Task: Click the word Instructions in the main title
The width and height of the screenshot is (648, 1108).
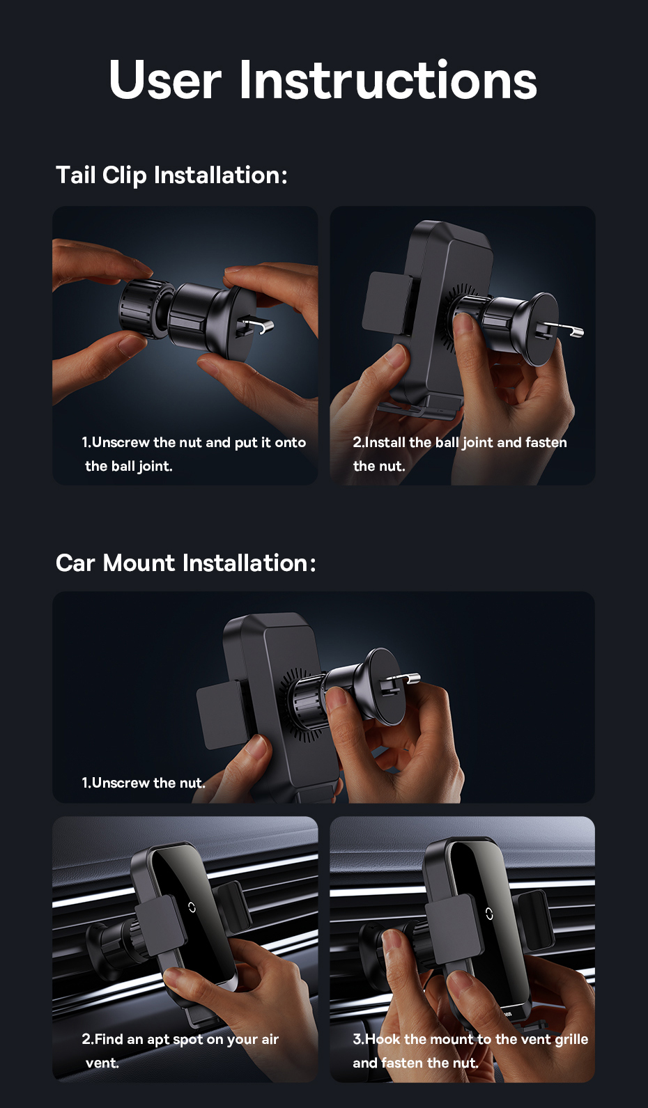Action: click(388, 79)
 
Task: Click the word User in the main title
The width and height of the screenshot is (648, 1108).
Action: click(165, 79)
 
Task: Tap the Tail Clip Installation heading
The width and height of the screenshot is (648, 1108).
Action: click(171, 175)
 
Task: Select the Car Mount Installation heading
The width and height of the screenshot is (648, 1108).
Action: click(185, 563)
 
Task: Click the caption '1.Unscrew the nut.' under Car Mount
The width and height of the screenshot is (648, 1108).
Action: click(144, 783)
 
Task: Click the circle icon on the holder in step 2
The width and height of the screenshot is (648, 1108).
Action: click(192, 907)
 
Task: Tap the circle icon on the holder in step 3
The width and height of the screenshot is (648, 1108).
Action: click(489, 914)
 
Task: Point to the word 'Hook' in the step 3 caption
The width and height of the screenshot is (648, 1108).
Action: click(383, 1039)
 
